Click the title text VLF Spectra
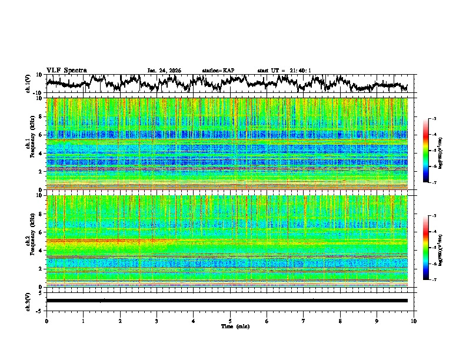point(66,70)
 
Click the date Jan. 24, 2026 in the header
point(164,71)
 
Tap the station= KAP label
point(218,71)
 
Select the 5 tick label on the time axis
point(230,321)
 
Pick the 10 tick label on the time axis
point(414,321)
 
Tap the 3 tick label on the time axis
point(157,321)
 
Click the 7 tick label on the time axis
point(304,321)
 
